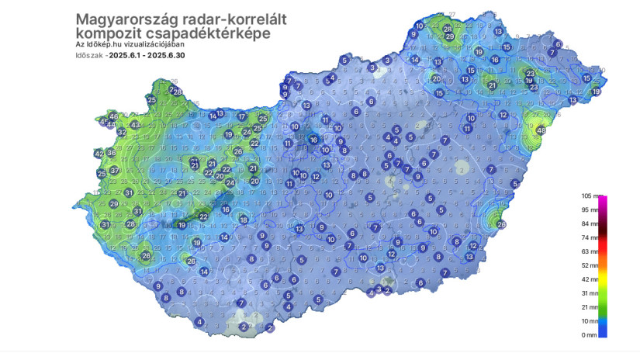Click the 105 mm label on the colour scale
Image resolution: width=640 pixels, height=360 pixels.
590,197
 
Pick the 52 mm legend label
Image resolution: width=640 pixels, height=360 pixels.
590,265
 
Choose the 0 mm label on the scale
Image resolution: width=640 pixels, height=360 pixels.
590,334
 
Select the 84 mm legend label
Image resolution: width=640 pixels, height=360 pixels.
590,224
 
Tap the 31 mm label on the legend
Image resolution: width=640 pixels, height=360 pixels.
590,293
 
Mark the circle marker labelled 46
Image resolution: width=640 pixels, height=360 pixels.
114,117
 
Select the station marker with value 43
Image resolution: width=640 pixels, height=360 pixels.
135,125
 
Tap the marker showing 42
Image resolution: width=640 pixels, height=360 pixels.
99,154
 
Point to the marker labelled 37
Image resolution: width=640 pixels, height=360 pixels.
114,171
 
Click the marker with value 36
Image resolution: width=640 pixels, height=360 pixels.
112,154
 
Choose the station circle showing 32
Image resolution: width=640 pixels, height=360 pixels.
122,133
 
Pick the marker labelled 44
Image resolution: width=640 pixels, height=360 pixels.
111,124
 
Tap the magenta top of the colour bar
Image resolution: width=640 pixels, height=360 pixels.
603,201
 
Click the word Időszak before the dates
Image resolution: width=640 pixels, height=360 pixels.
91,55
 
